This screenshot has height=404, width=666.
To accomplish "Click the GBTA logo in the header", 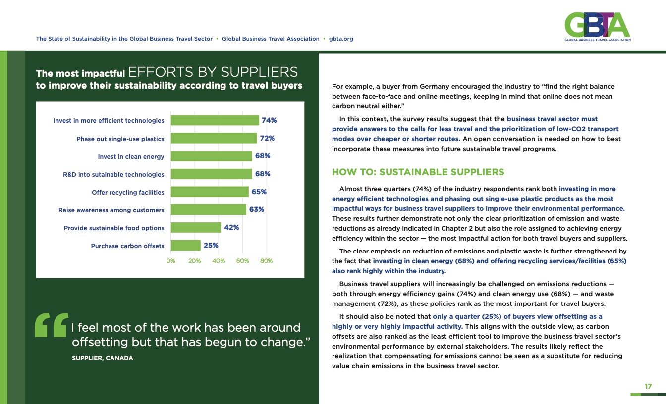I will pyautogui.click(x=597, y=27).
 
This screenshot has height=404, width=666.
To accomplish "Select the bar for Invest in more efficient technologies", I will pyautogui.click(x=215, y=120).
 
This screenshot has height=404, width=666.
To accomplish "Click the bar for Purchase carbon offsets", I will pyautogui.click(x=185, y=246).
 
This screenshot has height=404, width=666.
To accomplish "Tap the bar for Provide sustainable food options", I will pyautogui.click(x=196, y=228).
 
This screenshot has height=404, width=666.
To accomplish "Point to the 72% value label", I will pyautogui.click(x=267, y=139).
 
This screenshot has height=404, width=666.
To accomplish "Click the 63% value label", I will pyautogui.click(x=256, y=209).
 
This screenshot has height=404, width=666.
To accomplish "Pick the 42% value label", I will pyautogui.click(x=232, y=228).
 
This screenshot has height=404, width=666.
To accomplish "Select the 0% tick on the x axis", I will pyautogui.click(x=171, y=260).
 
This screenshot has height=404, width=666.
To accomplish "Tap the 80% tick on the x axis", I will pyautogui.click(x=267, y=260).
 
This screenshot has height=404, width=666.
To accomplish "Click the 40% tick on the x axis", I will pyautogui.click(x=219, y=260).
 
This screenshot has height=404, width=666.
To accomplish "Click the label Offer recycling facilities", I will pyautogui.click(x=128, y=192).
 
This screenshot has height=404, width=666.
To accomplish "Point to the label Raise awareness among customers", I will pyautogui.click(x=111, y=210).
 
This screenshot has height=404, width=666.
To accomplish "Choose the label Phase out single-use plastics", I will pyautogui.click(x=120, y=139).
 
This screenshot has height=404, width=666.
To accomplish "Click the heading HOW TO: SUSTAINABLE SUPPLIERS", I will pyautogui.click(x=418, y=172).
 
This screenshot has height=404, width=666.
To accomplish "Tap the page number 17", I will pyautogui.click(x=648, y=386).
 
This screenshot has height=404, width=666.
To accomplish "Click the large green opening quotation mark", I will pyautogui.click(x=51, y=325).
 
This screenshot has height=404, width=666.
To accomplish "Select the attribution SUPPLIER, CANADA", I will pyautogui.click(x=103, y=358).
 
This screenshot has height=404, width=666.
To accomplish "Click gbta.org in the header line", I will pyautogui.click(x=341, y=39).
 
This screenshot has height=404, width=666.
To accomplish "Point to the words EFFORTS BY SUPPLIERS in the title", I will pyautogui.click(x=213, y=72).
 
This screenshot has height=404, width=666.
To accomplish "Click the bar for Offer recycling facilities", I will pyautogui.click(x=210, y=192).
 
